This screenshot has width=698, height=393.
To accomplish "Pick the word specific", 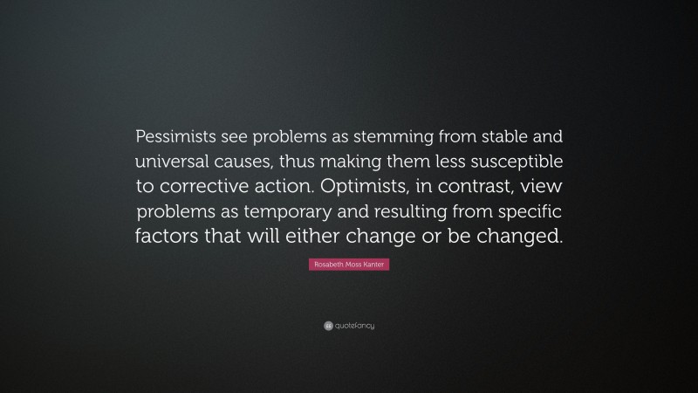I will click(x=530, y=211).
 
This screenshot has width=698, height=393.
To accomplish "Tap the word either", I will click(x=318, y=237).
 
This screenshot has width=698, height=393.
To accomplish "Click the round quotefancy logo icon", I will click(x=327, y=326).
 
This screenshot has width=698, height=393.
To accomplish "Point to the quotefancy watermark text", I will click(x=355, y=326).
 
